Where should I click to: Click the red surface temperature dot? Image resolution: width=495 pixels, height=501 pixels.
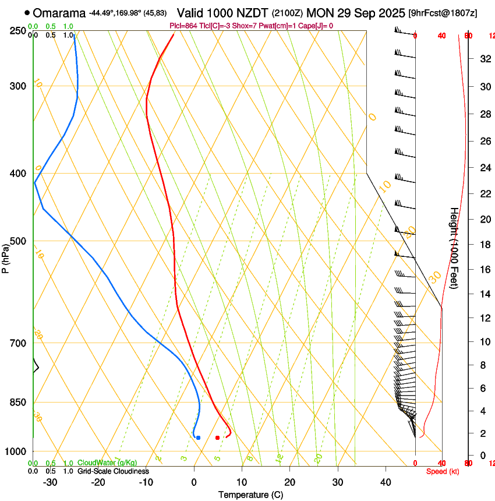click(x=217, y=437)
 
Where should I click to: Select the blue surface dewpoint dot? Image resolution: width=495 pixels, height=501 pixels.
click(x=199, y=437)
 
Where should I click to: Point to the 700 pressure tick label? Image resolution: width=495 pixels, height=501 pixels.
click(x=19, y=343)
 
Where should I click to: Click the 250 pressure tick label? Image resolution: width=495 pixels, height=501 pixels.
click(x=19, y=31)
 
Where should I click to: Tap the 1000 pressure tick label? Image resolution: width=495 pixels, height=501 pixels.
click(x=16, y=451)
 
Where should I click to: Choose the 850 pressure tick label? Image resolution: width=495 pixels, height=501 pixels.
click(x=19, y=403)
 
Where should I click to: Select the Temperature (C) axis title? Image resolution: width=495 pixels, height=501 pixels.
click(x=250, y=495)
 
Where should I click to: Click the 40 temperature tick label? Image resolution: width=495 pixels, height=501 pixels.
click(x=385, y=482)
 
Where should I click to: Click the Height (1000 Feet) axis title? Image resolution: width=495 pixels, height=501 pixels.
click(x=454, y=248)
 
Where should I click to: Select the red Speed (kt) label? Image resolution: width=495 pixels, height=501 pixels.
click(x=443, y=471)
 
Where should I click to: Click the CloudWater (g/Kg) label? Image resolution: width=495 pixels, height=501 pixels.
click(x=107, y=463)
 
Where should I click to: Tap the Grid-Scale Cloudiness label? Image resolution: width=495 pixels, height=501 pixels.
click(x=113, y=471)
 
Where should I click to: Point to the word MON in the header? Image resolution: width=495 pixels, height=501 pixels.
click(x=319, y=13)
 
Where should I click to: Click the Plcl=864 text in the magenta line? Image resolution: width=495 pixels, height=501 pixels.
click(x=185, y=26)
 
